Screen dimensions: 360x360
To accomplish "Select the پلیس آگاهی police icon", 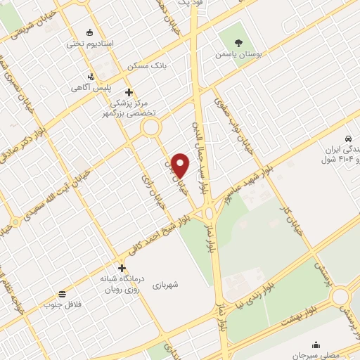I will [x=90, y=77].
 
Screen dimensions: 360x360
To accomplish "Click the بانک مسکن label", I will [x=148, y=65].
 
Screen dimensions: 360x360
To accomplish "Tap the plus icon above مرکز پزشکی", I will [x=128, y=91].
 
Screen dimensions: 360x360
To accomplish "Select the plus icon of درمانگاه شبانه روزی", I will [x=122, y=268].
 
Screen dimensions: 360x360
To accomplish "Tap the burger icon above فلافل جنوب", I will [x=63, y=294].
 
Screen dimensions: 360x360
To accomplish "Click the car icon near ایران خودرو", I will [x=348, y=139].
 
